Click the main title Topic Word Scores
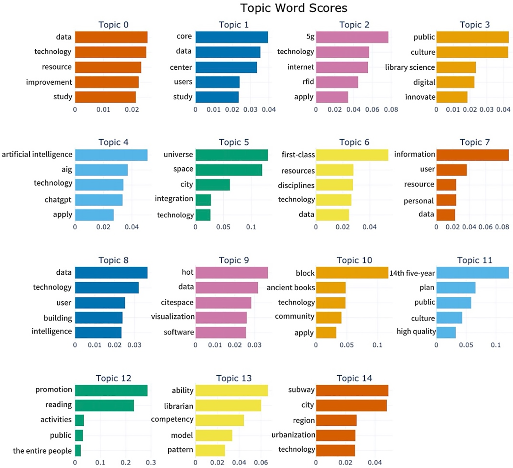point(294,8)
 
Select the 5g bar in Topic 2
point(352,37)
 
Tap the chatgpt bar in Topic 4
point(99,200)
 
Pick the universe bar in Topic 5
point(232,155)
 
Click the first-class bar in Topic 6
point(352,155)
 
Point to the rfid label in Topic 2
point(308,82)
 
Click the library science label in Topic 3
point(410,67)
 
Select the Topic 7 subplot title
point(475,142)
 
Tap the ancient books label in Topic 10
point(291,288)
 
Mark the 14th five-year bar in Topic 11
point(473,273)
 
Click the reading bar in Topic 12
point(104,406)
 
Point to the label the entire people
point(42,451)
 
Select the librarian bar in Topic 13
point(228,406)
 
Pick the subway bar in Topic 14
point(352,391)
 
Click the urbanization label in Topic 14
point(293,435)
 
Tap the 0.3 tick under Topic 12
point(151,462)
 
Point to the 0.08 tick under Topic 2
point(391,110)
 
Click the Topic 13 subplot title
point(234,378)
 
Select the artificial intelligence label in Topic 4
point(37,154)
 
